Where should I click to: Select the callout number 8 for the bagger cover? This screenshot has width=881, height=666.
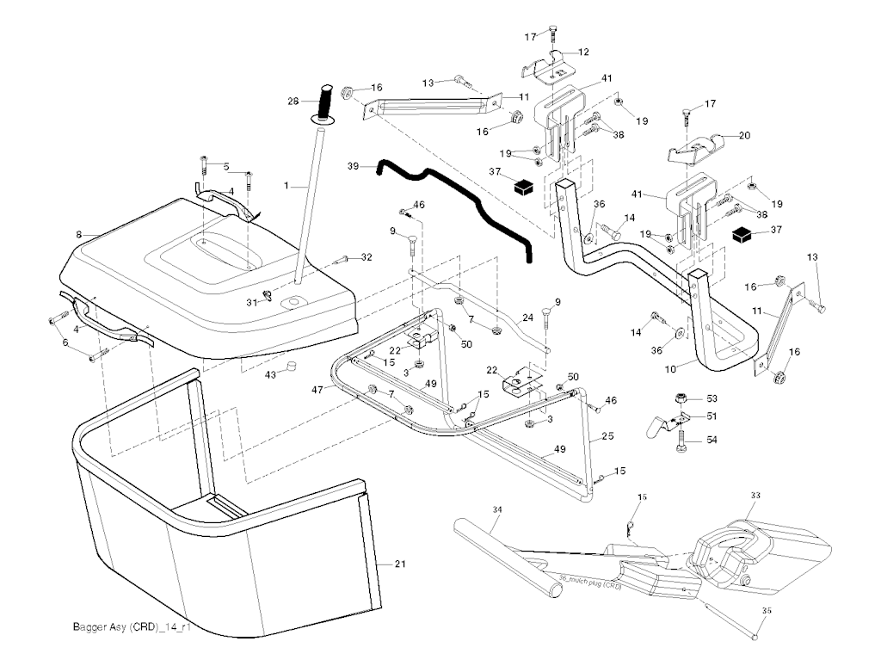point(78,233)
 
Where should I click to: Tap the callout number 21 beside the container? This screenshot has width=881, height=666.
point(399,564)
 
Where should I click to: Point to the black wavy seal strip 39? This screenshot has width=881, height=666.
point(456,200)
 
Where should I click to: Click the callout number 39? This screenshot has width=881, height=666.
point(353,165)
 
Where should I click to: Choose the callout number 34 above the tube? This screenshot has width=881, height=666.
point(496,509)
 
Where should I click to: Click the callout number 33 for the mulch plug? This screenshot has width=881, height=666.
point(755,495)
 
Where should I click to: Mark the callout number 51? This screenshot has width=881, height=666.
point(712,416)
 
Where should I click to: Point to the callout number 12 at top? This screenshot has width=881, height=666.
point(584,52)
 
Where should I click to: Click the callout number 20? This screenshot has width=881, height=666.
point(745,135)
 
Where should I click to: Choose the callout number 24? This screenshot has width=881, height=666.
point(528,317)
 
